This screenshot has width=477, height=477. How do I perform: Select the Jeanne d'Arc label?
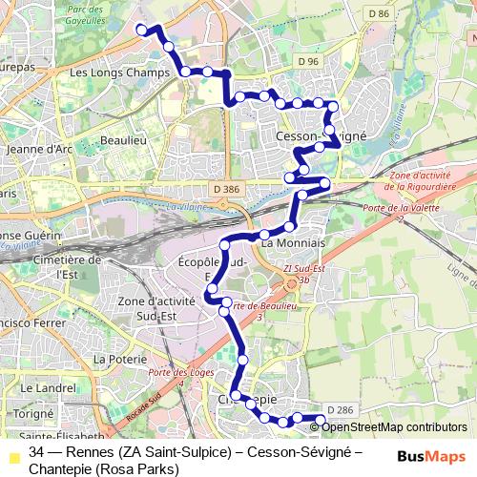[x=39, y=149]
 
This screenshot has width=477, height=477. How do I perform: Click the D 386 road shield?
[x=227, y=190]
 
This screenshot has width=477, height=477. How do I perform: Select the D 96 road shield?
[x=307, y=61]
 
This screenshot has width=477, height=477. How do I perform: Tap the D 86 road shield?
[x=378, y=13]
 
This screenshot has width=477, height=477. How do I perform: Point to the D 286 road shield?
[x=340, y=410]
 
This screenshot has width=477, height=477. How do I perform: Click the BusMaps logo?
[x=431, y=456]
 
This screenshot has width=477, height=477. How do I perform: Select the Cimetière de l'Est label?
[x=66, y=266]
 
